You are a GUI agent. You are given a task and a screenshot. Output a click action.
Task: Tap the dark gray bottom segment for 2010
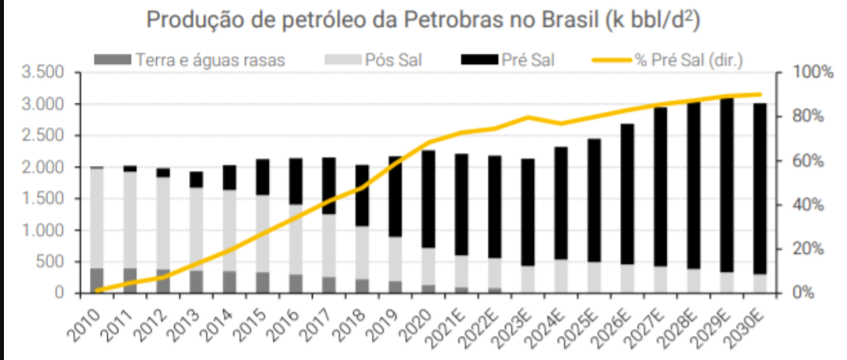coord(97,280)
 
